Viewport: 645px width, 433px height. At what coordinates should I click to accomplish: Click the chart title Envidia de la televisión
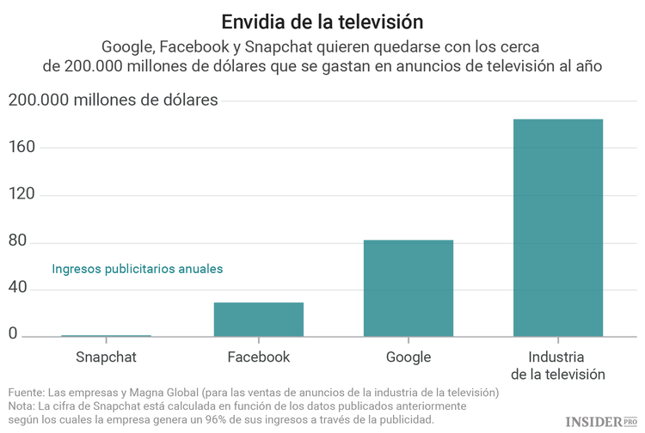(322, 20)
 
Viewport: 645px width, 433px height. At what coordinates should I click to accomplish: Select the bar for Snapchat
(106, 335)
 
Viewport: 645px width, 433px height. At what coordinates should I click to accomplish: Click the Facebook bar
(258, 319)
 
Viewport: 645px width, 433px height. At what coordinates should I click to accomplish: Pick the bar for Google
(408, 288)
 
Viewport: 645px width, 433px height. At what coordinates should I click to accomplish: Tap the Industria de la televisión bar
(558, 228)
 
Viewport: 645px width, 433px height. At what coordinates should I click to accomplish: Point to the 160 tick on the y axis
(25, 147)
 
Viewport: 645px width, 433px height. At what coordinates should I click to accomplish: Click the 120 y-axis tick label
(25, 194)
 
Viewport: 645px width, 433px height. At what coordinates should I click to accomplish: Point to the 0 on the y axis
(13, 334)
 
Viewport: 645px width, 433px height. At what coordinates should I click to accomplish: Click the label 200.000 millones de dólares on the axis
(113, 100)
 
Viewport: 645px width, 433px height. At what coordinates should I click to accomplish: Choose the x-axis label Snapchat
(106, 357)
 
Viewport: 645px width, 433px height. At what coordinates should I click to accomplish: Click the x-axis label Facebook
(258, 357)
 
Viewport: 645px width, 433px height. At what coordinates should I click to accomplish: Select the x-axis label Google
(408, 357)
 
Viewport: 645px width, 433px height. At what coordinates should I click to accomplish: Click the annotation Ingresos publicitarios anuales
(138, 269)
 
